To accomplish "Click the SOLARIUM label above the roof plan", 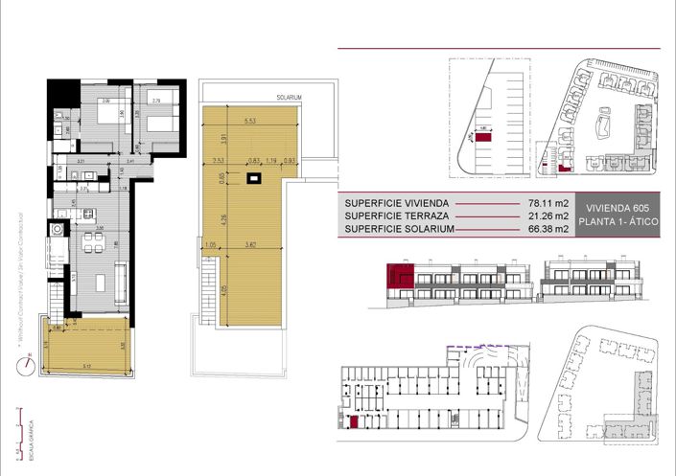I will (290, 98).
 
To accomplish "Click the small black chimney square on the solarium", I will (254, 178).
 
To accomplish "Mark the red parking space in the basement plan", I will (354, 422).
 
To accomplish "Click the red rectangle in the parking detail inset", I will (484, 139).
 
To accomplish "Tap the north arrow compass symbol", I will (30, 361).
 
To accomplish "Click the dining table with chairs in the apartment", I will (93, 238).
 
